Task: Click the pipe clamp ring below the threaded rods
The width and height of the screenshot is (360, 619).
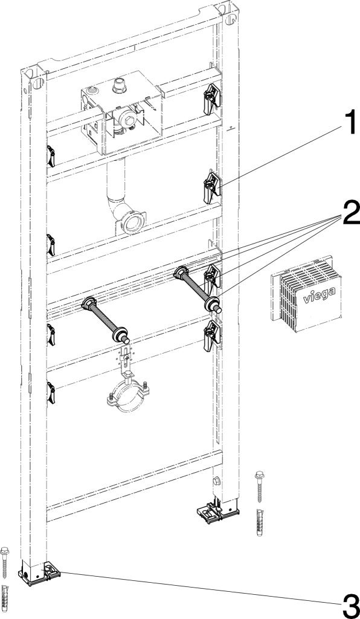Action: pyautogui.click(x=128, y=399)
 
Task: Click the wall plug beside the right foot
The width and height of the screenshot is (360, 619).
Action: pyautogui.click(x=260, y=522)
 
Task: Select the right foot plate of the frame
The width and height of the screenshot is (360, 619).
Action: pyautogui.click(x=218, y=514)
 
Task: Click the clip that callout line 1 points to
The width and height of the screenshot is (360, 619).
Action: pyautogui.click(x=212, y=187)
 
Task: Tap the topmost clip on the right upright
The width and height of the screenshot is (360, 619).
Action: pyautogui.click(x=212, y=99)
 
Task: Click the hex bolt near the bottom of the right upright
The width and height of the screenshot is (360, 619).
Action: pyautogui.click(x=216, y=481)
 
